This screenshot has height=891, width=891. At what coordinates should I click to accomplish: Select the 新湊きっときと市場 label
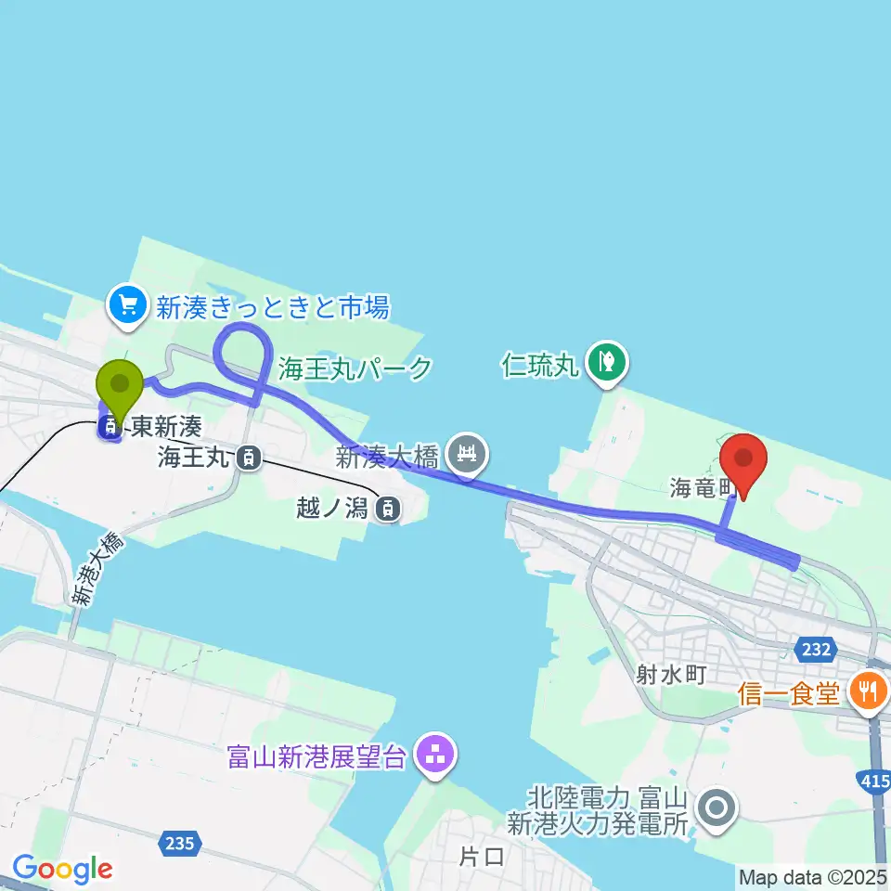coord(272,306)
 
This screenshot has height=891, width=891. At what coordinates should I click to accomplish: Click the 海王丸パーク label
coord(355,368)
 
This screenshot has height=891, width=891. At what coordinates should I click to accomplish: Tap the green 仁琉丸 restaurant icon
coord(608,361)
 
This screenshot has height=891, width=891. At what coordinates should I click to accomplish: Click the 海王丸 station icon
coord(247,457)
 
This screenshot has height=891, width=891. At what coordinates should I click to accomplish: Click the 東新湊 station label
coord(165,427)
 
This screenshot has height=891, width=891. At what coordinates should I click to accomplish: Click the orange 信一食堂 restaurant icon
coord(870,691)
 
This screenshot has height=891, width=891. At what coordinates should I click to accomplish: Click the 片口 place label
coord(483,857)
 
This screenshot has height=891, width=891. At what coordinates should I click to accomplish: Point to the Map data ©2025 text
coord(813,876)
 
